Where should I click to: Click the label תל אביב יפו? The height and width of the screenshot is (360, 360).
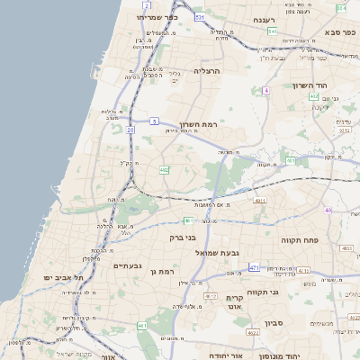pos(65,278)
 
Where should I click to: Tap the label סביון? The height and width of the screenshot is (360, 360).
pos(274,321)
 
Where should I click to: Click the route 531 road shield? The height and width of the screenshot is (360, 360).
pos(199,17)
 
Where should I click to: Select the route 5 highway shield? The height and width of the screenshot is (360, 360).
pos(154,121)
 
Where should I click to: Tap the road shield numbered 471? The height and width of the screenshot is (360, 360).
pos(255,267)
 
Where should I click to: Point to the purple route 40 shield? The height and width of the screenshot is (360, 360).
pos(328,211)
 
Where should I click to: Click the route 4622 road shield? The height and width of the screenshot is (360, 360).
pos(253,333)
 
